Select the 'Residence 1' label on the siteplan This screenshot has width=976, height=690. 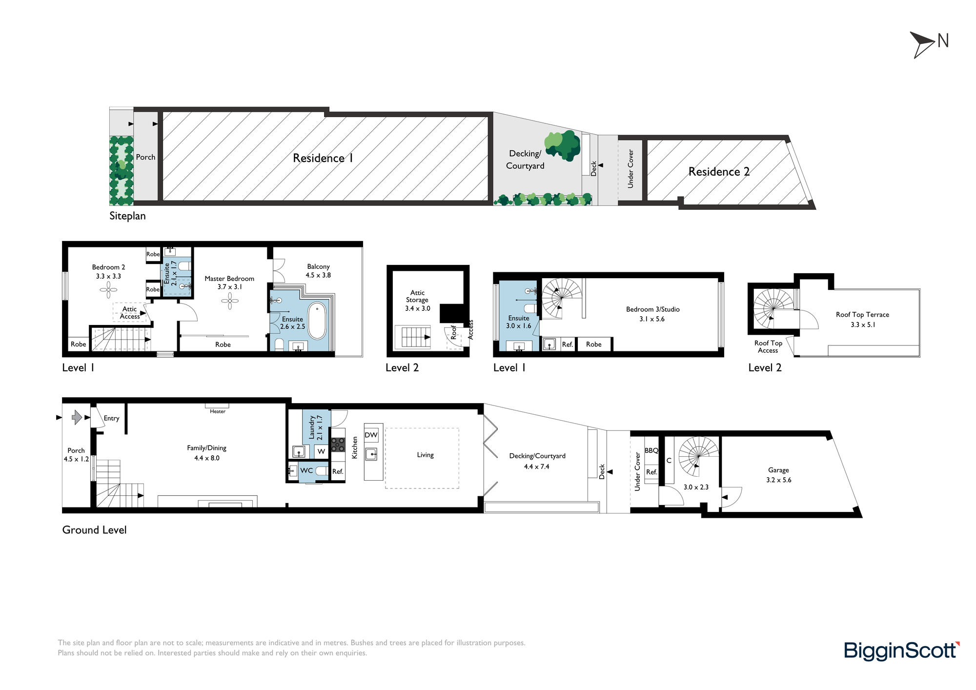(323, 158)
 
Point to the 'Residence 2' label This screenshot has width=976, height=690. (719, 172)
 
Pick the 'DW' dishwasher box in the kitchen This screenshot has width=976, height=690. (371, 435)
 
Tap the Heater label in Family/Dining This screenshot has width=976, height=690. (218, 411)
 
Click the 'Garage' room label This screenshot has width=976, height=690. (778, 470)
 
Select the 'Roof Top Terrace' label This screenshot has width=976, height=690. (862, 315)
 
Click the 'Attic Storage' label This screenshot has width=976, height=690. (417, 296)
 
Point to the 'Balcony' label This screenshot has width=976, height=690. (318, 266)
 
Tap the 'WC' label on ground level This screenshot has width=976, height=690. (306, 470)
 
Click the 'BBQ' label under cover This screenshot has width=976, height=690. (651, 450)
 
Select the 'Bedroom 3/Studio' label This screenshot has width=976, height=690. (652, 309)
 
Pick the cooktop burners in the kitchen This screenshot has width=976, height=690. (338, 445)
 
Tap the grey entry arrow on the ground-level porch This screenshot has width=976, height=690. (77, 417)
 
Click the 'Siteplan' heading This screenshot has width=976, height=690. (127, 216)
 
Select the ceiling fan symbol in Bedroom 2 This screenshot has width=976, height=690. (108, 290)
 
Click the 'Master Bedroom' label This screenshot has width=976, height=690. (229, 279)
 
